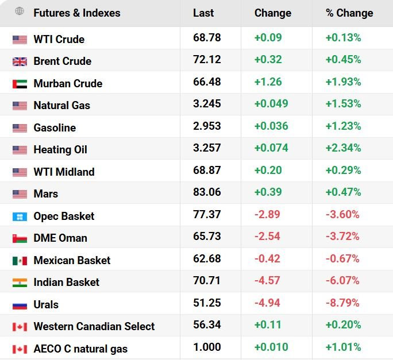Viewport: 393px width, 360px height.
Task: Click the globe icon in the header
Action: [x=20, y=11]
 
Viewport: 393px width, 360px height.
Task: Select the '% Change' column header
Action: [x=349, y=13]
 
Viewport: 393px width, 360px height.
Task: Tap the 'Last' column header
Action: [x=203, y=13]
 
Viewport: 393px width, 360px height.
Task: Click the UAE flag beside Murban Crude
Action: [x=20, y=84]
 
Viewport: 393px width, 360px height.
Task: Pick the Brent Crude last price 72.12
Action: [x=207, y=60]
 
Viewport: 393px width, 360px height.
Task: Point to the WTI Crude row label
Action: [x=59, y=40]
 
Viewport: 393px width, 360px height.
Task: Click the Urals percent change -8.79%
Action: [x=342, y=303]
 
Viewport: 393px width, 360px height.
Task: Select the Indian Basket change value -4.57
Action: [x=267, y=281]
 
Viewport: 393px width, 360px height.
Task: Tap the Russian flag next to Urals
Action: [x=20, y=305]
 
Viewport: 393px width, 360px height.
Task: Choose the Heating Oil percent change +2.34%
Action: [x=343, y=148]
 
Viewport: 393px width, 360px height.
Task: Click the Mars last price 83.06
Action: [x=207, y=192]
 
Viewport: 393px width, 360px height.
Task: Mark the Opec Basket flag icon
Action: [x=20, y=216]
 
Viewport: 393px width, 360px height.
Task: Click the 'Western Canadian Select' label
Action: [x=94, y=327]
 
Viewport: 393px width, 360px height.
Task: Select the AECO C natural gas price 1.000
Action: [x=207, y=347]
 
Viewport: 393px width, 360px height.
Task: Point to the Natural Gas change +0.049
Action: [x=271, y=104]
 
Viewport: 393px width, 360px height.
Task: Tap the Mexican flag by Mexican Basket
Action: [x=20, y=261]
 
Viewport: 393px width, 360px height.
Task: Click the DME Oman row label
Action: [x=60, y=238]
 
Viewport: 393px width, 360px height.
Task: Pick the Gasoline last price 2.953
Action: [x=207, y=126]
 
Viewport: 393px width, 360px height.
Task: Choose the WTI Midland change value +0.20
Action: [x=268, y=171]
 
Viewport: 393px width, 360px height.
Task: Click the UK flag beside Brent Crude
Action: [x=20, y=61]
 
